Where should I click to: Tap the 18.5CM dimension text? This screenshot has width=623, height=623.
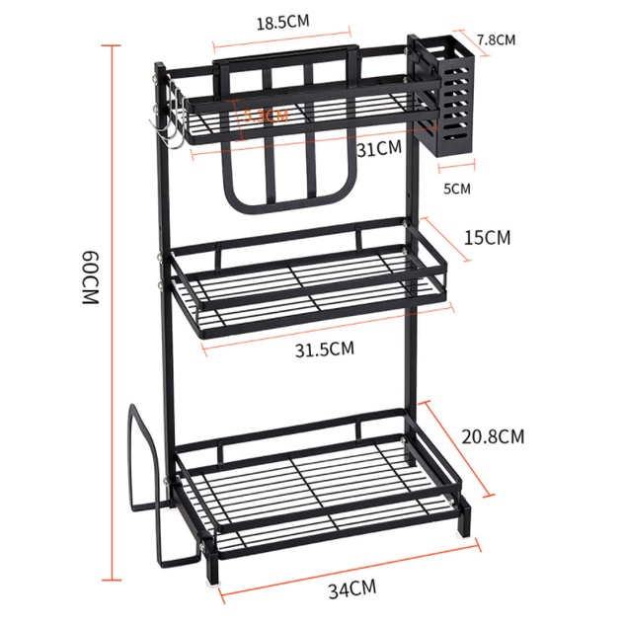click(x=282, y=22)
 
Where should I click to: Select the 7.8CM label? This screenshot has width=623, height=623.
click(x=496, y=40)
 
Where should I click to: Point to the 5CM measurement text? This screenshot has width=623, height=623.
click(x=458, y=188)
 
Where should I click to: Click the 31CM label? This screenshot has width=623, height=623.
click(x=379, y=149)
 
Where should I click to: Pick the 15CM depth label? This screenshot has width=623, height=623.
click(x=488, y=238)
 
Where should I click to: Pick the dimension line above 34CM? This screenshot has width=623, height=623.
click(x=348, y=567)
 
